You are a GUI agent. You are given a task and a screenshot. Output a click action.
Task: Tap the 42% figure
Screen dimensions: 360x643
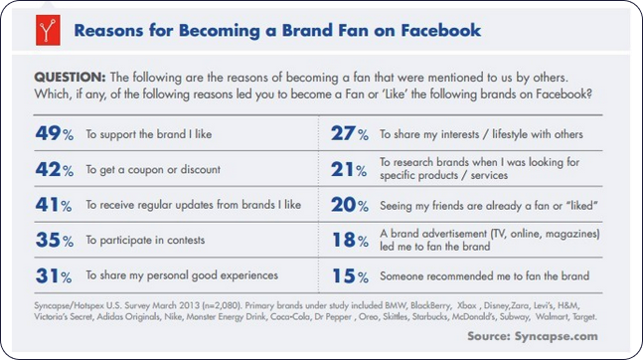tap(52, 170)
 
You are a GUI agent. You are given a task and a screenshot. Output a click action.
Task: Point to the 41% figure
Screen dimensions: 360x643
tap(52, 205)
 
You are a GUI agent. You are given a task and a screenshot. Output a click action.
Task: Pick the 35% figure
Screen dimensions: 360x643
tap(52, 240)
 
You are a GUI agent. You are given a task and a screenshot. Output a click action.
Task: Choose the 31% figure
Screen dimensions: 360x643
tap(52, 274)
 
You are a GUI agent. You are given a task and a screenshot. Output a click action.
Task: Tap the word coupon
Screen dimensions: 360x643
tap(157, 170)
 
